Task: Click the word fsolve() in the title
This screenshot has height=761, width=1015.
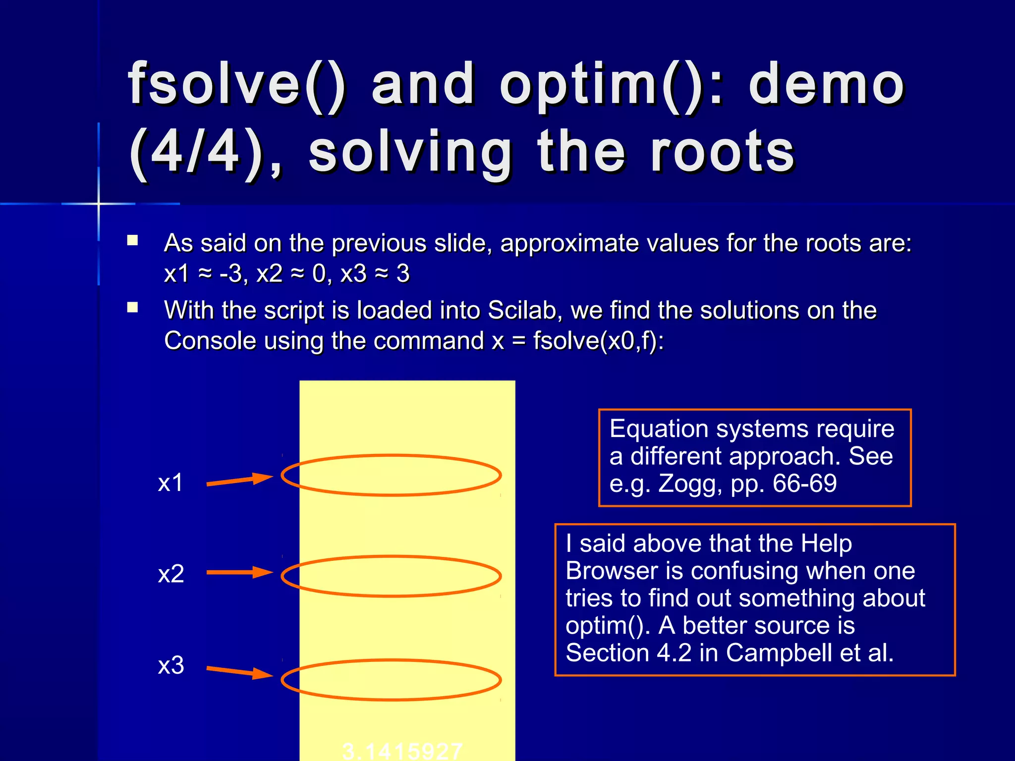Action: click(x=237, y=84)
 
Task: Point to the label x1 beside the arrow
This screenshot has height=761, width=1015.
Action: click(x=170, y=483)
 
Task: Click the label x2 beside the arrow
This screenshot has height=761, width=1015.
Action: click(x=170, y=574)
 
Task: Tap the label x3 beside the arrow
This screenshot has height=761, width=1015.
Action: click(x=170, y=665)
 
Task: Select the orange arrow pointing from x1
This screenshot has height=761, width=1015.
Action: click(x=239, y=480)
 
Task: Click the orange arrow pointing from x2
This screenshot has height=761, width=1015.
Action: click(x=239, y=572)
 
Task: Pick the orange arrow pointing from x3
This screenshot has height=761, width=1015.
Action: click(x=239, y=672)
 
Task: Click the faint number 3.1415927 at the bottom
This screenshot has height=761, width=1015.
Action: click(x=402, y=751)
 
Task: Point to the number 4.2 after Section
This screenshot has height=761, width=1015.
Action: click(x=674, y=653)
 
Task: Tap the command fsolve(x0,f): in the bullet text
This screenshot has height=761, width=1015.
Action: click(x=598, y=341)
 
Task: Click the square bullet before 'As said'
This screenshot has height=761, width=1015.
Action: click(x=132, y=241)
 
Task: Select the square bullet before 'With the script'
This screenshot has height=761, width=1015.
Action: click(x=132, y=308)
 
